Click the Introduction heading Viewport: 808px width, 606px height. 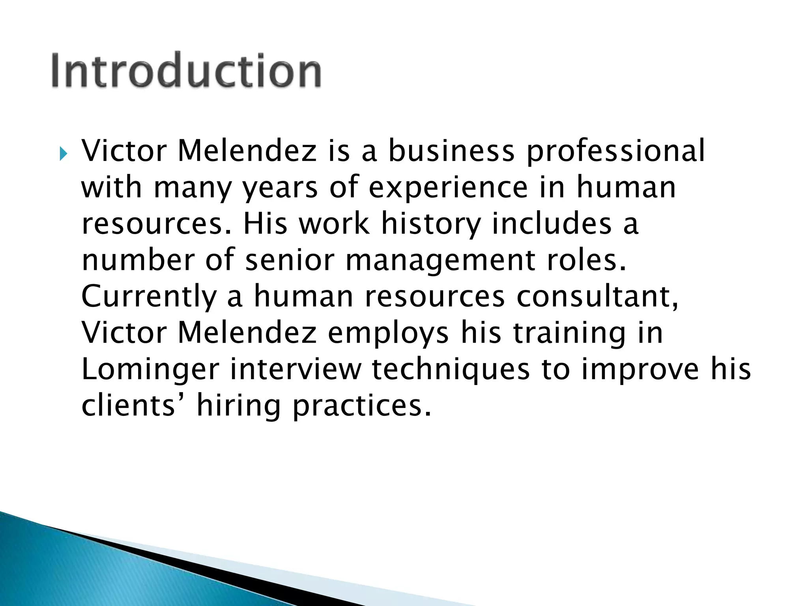(x=186, y=70)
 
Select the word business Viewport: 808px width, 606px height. (x=451, y=151)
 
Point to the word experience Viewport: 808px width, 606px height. (x=448, y=189)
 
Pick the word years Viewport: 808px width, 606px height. (x=280, y=189)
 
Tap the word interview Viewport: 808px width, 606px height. (x=296, y=370)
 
